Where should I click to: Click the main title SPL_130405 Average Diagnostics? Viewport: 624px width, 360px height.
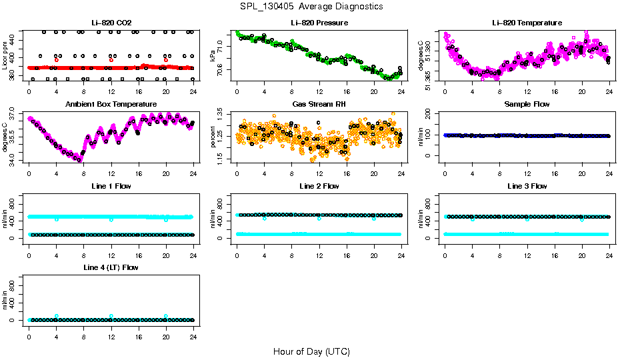312,6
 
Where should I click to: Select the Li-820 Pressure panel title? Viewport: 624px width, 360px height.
318,23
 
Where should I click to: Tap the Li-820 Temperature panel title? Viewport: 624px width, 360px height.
526,23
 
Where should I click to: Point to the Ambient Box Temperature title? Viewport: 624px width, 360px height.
110,105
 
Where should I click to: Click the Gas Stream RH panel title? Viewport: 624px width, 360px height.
318,105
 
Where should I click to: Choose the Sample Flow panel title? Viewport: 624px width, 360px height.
526,105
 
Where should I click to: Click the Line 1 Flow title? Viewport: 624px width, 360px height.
110,186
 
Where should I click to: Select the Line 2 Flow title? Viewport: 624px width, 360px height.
318,186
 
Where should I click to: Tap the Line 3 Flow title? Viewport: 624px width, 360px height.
526,186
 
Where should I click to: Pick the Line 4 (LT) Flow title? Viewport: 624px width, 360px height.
110,267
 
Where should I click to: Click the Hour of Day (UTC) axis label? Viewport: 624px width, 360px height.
311,351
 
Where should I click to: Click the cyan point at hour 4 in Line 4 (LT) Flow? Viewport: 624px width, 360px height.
57,316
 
